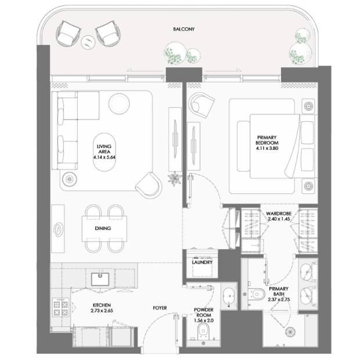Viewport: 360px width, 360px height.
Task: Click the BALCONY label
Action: click(x=183, y=29)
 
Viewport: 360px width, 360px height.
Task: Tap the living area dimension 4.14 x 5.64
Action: click(x=105, y=157)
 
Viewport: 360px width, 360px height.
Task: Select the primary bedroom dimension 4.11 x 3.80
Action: click(x=267, y=148)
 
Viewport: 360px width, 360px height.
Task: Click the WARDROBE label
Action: click(x=279, y=214)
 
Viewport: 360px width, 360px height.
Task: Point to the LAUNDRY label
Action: click(x=202, y=262)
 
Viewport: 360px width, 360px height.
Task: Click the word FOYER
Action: click(x=160, y=308)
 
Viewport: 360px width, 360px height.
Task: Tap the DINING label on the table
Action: click(x=103, y=228)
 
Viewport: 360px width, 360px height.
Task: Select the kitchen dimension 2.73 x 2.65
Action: click(x=102, y=311)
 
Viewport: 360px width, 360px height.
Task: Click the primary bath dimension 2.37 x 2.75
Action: click(x=279, y=300)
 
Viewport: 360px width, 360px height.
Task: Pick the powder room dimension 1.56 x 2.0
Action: click(x=204, y=321)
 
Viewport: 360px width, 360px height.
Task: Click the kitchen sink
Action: click(x=100, y=279)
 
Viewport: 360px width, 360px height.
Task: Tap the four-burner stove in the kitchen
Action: click(x=61, y=307)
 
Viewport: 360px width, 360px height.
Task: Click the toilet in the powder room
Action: click(x=203, y=331)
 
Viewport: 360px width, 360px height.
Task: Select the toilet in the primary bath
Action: click(x=257, y=294)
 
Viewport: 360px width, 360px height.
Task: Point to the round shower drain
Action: click(x=290, y=332)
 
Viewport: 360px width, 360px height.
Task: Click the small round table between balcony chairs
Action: click(x=88, y=42)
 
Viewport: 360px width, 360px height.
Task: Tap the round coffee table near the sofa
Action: click(x=119, y=103)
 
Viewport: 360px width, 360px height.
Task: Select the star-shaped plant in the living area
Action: click(x=175, y=178)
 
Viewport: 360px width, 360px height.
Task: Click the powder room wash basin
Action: click(x=229, y=297)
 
